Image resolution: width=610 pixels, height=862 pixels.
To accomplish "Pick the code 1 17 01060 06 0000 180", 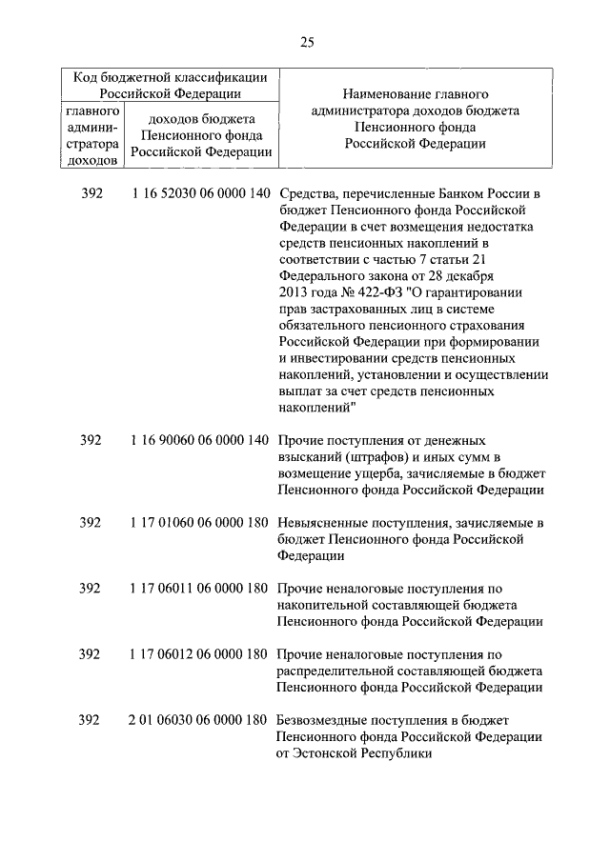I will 197,523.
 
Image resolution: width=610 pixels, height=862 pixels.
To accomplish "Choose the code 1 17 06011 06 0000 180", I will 197,589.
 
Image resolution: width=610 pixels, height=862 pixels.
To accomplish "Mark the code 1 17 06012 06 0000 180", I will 197,654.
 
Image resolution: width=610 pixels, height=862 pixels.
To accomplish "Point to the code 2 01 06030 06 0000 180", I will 197,720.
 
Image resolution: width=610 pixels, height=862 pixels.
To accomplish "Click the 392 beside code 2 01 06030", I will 90,720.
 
